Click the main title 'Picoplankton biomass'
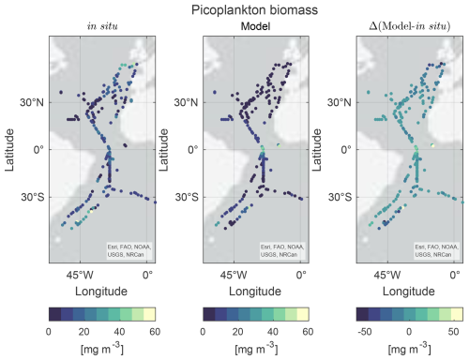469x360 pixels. click(x=254, y=10)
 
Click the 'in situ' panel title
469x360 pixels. click(x=102, y=26)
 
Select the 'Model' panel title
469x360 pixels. click(x=255, y=26)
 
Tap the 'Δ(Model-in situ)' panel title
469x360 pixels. click(x=410, y=26)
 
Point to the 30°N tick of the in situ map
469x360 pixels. click(x=32, y=102)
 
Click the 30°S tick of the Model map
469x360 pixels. click(x=187, y=197)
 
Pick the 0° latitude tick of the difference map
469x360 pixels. click(x=345, y=150)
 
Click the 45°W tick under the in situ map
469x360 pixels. click(x=80, y=275)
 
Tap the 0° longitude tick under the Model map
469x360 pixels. click(x=301, y=275)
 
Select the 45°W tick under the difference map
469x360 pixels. click(x=387, y=275)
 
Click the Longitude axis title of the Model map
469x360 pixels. click(x=255, y=292)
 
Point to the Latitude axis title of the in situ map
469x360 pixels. click(x=9, y=150)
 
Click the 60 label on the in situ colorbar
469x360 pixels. click(x=155, y=332)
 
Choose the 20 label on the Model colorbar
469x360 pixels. click(x=238, y=332)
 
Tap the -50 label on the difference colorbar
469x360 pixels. click(x=365, y=332)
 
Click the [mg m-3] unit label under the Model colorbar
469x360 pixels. click(x=256, y=348)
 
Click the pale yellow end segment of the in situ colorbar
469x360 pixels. click(x=149, y=314)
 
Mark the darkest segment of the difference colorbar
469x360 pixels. click(x=363, y=314)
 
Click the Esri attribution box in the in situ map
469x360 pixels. click(x=129, y=250)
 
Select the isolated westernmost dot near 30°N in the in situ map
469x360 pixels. click(x=61, y=92)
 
